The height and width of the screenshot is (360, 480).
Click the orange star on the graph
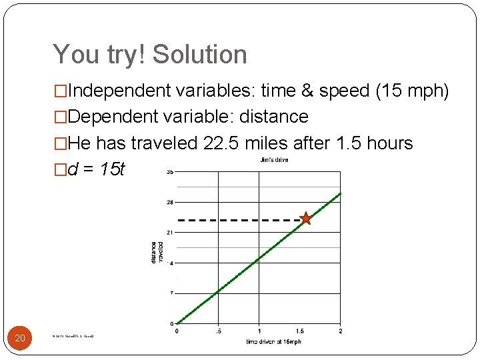[x=305, y=218]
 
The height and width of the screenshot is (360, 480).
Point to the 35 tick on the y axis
[x=170, y=171]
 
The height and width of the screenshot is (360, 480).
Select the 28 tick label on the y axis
[x=170, y=201]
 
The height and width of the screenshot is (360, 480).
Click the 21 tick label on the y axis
[x=170, y=232]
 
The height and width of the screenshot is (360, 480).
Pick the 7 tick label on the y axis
[x=171, y=293]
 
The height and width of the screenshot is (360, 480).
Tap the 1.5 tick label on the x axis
[x=299, y=331]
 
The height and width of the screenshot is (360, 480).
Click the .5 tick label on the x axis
[x=217, y=331]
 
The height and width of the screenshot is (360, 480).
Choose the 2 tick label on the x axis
[x=340, y=331]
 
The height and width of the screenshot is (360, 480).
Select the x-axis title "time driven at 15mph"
[x=273, y=342]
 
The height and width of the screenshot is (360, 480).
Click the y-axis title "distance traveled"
[x=157, y=252]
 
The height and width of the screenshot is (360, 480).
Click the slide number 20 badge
[x=20, y=339]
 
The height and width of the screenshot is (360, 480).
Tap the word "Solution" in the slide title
[x=199, y=55]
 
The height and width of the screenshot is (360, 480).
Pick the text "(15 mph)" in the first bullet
[x=412, y=91]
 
